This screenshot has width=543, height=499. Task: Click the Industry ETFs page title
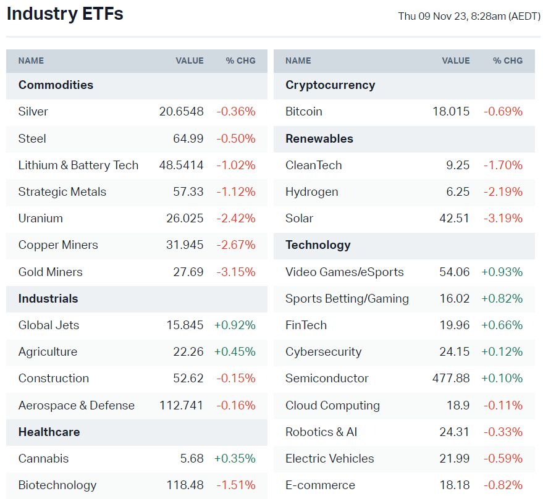[65, 14]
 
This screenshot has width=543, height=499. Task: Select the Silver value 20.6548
[181, 112]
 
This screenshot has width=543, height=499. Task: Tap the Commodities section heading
[56, 85]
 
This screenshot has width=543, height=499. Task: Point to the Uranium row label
[41, 219]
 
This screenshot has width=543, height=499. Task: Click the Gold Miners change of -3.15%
[236, 272]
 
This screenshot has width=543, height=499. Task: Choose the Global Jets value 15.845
[184, 325]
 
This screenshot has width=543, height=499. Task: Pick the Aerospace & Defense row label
[77, 406]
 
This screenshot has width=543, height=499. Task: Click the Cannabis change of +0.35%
[235, 459]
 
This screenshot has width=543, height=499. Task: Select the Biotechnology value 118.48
[185, 485]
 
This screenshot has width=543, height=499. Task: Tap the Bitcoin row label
[304, 112]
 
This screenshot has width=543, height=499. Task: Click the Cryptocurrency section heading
[330, 85]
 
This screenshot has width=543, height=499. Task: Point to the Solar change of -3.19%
[503, 219]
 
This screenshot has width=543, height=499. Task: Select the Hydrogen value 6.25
[458, 192]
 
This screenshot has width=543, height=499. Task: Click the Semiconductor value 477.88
[451, 379]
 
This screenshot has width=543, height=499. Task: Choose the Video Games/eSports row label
[345, 272]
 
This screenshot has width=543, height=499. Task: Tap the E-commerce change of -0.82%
[503, 485]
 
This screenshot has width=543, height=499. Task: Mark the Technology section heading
[318, 245]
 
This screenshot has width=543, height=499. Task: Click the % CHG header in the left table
[240, 61]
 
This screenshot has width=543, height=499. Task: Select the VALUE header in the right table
[456, 61]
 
